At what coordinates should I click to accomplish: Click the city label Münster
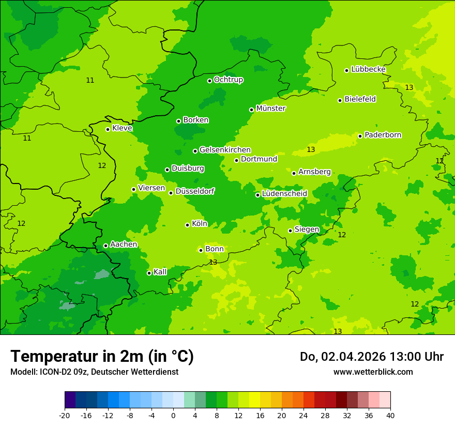(270, 109)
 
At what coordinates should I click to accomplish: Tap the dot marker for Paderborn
(360, 136)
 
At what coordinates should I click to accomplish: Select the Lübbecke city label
(368, 69)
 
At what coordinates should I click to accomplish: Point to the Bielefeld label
(360, 99)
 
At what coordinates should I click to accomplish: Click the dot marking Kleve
(108, 129)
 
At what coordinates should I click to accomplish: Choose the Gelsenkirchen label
(225, 150)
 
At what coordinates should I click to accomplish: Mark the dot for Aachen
(105, 246)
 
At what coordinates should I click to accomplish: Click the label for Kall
(160, 272)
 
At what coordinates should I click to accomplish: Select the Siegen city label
(307, 229)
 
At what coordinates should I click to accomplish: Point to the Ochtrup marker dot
(209, 80)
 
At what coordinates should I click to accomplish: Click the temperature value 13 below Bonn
(213, 263)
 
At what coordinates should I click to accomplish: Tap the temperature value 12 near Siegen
(342, 235)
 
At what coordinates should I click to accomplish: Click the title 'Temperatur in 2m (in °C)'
(102, 357)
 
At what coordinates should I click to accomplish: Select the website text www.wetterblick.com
(373, 372)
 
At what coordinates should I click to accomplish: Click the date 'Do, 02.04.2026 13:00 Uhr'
(371, 357)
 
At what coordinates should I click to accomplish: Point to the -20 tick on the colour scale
(65, 416)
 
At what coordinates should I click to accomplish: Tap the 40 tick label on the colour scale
(390, 416)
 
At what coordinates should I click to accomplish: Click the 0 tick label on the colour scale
(173, 416)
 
